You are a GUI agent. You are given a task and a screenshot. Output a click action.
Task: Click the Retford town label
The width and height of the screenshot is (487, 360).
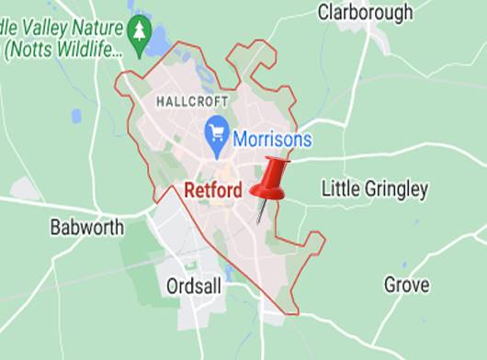coord(213,191)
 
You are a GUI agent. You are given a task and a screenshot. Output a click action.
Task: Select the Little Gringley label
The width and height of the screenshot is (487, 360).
coord(375,189)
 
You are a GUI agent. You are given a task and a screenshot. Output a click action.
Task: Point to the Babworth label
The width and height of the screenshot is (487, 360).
coord(87,227)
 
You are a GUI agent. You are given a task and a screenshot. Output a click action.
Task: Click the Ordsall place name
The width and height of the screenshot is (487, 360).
coord(195,287)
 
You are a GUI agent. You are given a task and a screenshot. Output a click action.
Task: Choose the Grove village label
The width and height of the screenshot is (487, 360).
coord(406,285)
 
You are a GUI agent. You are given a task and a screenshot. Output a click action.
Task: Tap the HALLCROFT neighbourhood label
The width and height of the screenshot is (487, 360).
coord(192,99)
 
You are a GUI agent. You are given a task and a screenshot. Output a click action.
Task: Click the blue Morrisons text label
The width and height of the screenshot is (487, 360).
coord(271,141)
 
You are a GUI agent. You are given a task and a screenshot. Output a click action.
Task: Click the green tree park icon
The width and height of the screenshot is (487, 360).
coord(139,32)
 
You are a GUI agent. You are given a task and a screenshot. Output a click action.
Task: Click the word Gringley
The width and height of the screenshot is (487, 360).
coord(394,190)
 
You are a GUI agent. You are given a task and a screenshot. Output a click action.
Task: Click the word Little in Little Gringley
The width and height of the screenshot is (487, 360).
coord(338,189)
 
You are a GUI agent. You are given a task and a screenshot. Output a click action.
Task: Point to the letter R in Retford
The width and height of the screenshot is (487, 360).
coord(190,191)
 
